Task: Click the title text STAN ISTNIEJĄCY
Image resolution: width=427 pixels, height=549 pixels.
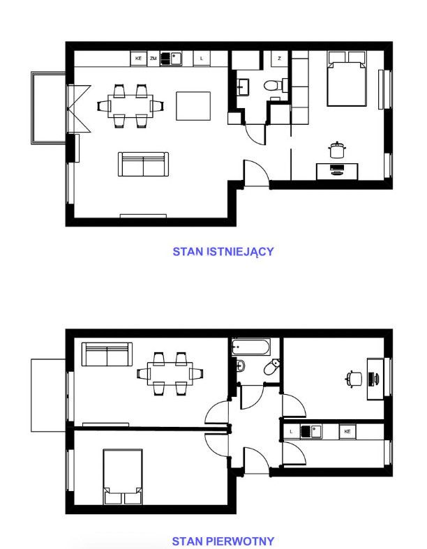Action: pyautogui.click(x=223, y=252)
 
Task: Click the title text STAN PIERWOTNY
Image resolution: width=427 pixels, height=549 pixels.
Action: pyautogui.click(x=223, y=541)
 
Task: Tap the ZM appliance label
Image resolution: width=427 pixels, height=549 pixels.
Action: pyautogui.click(x=153, y=59)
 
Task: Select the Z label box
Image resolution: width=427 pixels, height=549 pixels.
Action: pyautogui.click(x=279, y=59)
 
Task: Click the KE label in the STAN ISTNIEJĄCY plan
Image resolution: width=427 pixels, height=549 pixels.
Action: pyautogui.click(x=138, y=59)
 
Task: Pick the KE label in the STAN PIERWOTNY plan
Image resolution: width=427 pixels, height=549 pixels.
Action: pyautogui.click(x=347, y=431)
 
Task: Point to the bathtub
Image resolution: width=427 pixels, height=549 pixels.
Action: pyautogui.click(x=250, y=347)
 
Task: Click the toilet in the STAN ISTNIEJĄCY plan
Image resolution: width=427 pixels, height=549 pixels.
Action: pyautogui.click(x=274, y=85)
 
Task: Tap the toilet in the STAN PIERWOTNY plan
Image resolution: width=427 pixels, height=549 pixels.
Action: pyautogui.click(x=272, y=367)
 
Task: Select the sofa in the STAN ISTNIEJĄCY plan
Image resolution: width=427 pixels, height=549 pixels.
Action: pyautogui.click(x=143, y=164)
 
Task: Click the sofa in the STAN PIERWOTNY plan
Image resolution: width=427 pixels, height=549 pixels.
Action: pyautogui.click(x=107, y=354)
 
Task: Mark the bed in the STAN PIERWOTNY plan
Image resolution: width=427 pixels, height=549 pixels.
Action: pyautogui.click(x=123, y=477)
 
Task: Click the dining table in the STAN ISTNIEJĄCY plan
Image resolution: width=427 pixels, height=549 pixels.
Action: pyautogui.click(x=130, y=105)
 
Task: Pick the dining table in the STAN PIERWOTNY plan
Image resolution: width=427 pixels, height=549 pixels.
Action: pyautogui.click(x=170, y=374)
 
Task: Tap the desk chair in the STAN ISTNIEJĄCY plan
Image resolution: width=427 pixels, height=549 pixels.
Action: pyautogui.click(x=337, y=150)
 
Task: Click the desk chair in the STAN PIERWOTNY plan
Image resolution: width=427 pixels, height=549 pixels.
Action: pyautogui.click(x=354, y=379)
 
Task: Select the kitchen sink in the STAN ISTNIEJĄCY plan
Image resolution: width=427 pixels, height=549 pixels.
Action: pyautogui.click(x=171, y=59)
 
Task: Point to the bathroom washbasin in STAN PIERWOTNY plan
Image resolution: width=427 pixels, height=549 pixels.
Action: pyautogui.click(x=240, y=366)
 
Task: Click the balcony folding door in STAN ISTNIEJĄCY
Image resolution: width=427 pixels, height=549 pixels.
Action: pyautogui.click(x=80, y=109)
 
